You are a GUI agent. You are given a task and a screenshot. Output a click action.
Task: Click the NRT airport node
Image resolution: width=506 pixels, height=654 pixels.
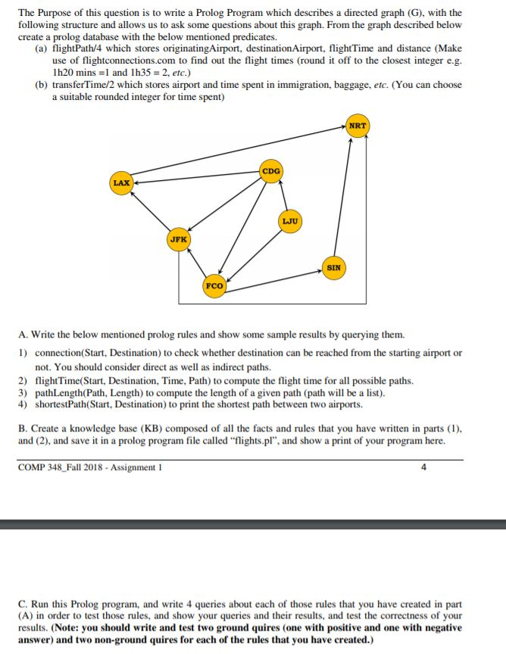tap(357, 126)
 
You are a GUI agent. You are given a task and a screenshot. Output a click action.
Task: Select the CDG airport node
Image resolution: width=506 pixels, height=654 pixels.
tap(270, 171)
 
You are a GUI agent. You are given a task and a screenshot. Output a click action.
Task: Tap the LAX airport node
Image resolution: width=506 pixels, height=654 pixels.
tap(121, 183)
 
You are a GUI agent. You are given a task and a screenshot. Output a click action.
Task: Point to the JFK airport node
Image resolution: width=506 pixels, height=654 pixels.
tap(179, 239)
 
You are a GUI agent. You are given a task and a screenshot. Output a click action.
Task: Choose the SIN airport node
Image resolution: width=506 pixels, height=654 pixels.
tap(334, 267)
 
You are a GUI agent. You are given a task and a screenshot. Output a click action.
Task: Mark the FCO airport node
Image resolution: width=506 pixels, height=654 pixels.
tap(214, 286)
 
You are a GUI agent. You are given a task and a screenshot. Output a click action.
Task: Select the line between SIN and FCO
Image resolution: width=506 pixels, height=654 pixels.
tap(274, 276)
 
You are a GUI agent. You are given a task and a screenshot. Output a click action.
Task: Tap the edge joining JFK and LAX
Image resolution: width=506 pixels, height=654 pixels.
tap(150, 211)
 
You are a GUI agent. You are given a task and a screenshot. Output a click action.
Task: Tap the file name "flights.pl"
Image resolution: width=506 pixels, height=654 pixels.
tap(320, 441)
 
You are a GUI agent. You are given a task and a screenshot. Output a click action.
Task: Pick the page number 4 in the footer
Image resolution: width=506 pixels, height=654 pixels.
tap(423, 466)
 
